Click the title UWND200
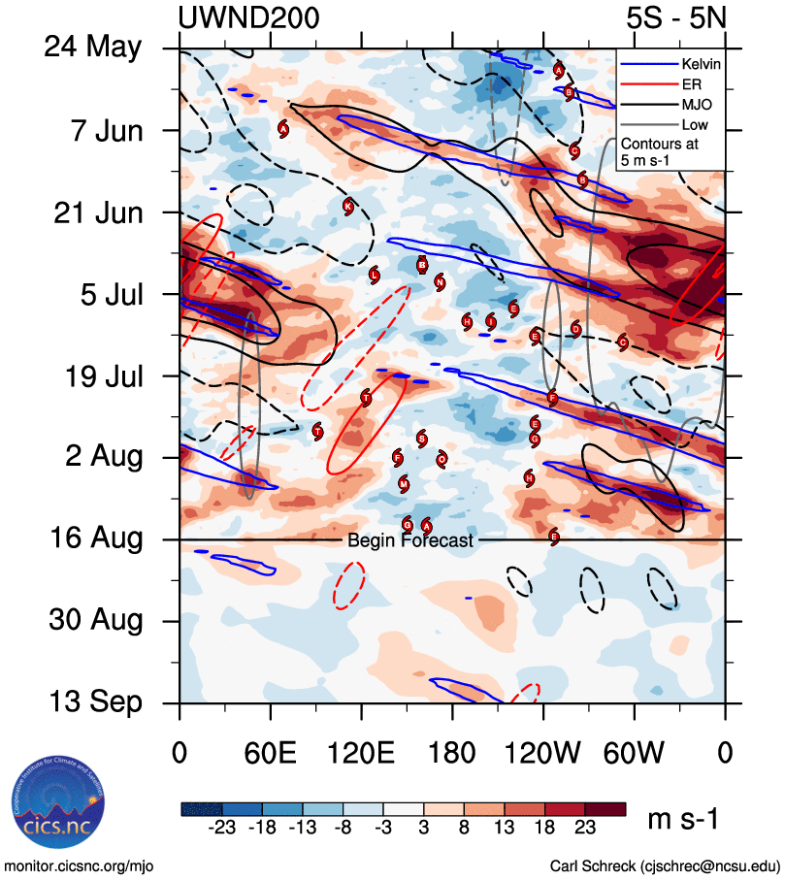click(249, 16)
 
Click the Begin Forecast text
click(410, 540)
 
